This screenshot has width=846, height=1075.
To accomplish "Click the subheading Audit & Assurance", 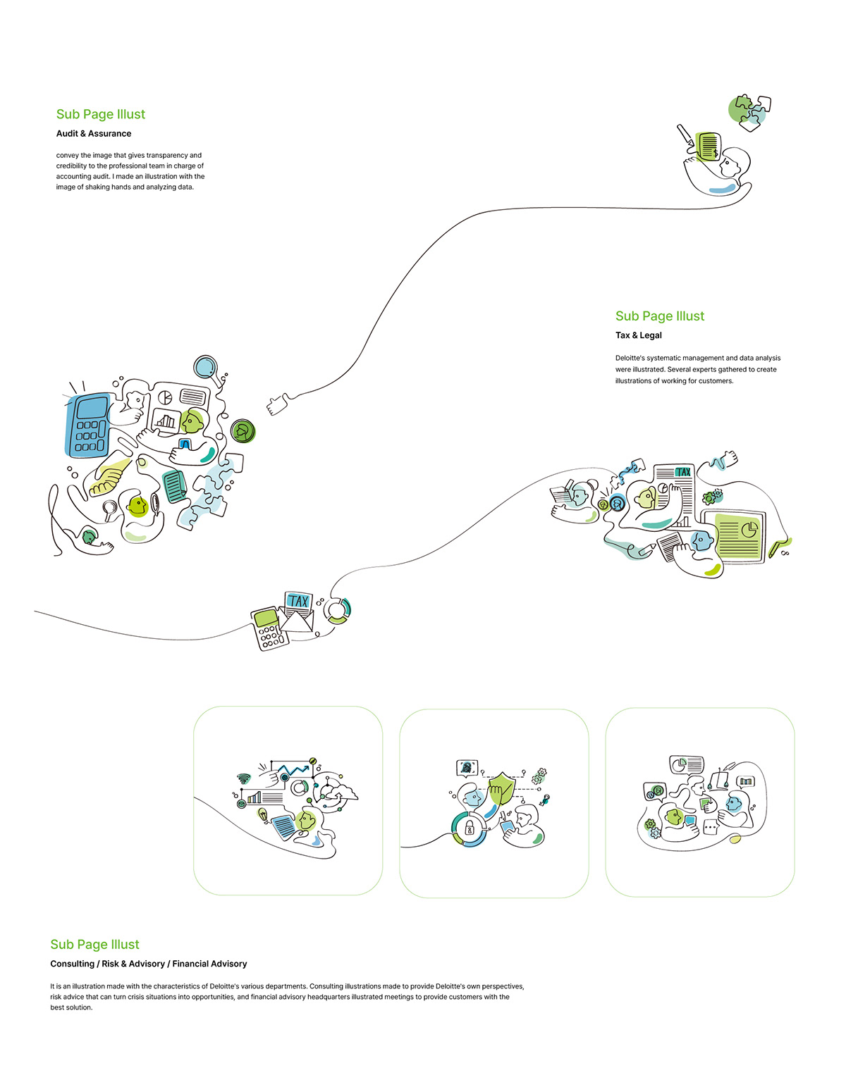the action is [94, 133].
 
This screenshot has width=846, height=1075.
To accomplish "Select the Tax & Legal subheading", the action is [639, 335].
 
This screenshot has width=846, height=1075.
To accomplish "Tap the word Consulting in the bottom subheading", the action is [72, 964].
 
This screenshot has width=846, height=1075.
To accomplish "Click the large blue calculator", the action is [88, 425].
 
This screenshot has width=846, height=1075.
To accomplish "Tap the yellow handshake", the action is [109, 476].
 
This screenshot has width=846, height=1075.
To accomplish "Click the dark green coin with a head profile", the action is [243, 431].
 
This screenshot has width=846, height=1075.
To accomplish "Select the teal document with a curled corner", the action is [175, 486].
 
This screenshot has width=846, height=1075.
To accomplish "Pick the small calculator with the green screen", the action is [269, 628].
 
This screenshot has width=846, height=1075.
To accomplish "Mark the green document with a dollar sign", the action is [709, 146].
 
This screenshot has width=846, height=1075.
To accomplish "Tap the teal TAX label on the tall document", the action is [682, 472].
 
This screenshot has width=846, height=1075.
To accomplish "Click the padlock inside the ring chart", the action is [469, 830].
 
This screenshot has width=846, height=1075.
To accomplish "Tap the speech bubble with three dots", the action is [710, 828].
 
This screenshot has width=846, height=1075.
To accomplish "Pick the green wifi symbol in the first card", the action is [243, 778].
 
